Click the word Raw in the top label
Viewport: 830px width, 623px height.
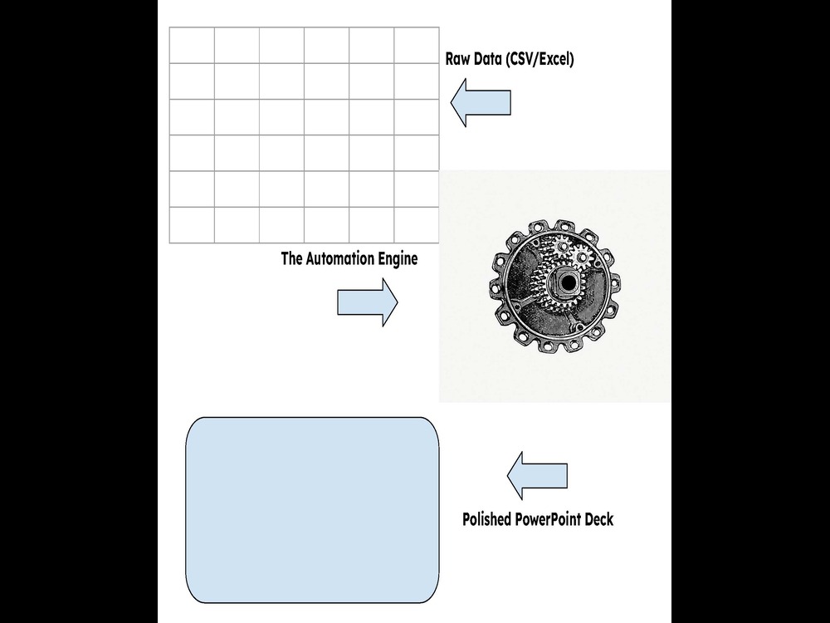click(x=456, y=58)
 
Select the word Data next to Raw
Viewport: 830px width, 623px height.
click(x=487, y=58)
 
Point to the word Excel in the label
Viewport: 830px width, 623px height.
click(x=555, y=59)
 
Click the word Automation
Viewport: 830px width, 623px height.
click(x=339, y=258)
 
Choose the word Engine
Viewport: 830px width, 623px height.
click(x=398, y=259)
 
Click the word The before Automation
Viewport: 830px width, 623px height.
click(x=291, y=258)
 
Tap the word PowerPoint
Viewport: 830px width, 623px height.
click(x=547, y=518)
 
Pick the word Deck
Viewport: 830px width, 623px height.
click(x=599, y=518)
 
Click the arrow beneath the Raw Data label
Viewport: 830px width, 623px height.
click(x=481, y=103)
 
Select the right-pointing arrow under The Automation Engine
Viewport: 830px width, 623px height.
click(x=368, y=302)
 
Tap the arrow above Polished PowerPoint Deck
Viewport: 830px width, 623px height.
click(x=537, y=476)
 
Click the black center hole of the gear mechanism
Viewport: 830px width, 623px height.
click(x=568, y=283)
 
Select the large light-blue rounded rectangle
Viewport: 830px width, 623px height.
click(x=312, y=510)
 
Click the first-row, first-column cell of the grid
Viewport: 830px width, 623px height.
click(x=192, y=46)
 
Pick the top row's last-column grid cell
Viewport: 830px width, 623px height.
click(x=417, y=46)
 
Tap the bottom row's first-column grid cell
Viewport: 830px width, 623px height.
click(x=192, y=225)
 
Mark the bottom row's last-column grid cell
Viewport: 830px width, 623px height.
click(x=417, y=225)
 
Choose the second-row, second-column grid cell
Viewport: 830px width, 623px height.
click(x=237, y=81)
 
